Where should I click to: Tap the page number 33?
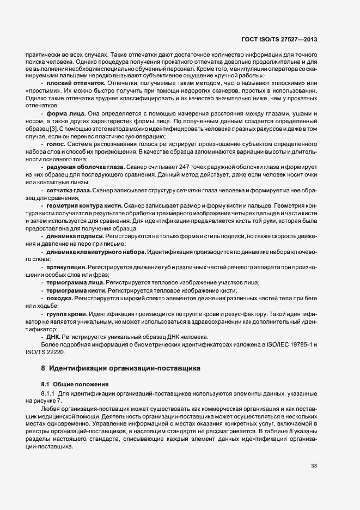click(x=314, y=465)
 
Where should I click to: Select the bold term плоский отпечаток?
click(x=68, y=83)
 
